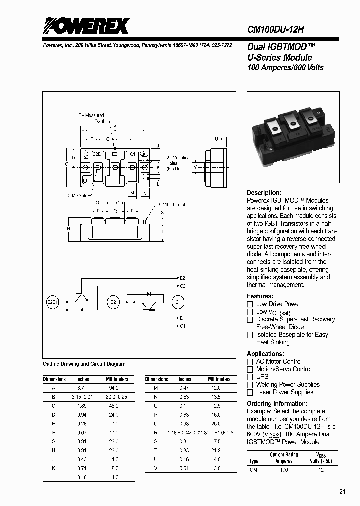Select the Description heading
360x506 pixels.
(264, 193)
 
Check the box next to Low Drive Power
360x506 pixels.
(250, 304)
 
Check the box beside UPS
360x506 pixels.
(250, 377)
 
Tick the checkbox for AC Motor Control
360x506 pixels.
(250, 362)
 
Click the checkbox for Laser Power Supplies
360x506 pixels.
(250, 392)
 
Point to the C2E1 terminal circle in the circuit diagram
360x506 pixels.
(53, 302)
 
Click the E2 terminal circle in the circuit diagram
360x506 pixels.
(113, 302)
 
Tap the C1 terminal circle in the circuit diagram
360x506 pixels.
(178, 302)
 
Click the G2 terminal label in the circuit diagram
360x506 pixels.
(182, 286)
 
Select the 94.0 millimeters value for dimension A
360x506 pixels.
(113, 388)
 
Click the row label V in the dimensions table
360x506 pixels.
(156, 468)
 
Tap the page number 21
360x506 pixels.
(342, 492)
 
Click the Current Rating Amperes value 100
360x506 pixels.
(284, 470)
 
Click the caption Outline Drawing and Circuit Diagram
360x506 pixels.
(84, 364)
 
